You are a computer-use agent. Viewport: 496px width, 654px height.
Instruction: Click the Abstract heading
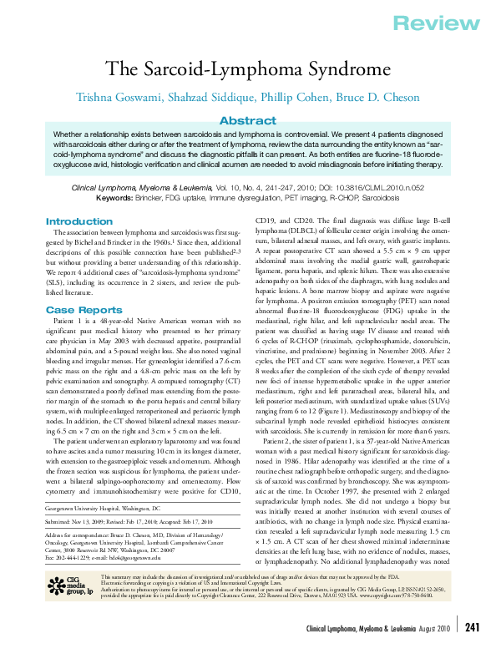tap(247, 120)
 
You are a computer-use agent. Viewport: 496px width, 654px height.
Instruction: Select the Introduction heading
tap(79, 221)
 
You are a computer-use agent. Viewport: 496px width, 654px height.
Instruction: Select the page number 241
tap(471, 626)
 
